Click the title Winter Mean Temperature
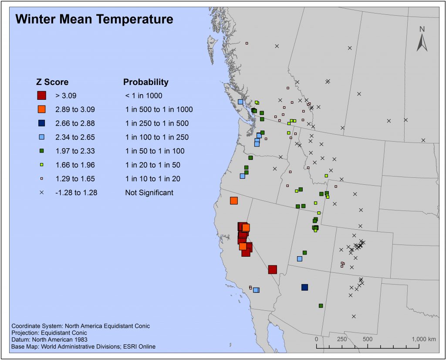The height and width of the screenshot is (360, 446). [94, 19]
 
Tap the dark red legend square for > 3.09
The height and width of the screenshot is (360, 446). [41, 95]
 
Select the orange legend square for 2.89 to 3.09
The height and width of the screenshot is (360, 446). [41, 109]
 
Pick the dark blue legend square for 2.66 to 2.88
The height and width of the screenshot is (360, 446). [41, 123]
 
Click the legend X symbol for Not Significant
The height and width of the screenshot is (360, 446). [41, 192]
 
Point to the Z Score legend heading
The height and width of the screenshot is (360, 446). [52, 82]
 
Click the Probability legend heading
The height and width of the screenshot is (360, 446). [145, 82]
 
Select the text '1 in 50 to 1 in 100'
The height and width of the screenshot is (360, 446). [155, 151]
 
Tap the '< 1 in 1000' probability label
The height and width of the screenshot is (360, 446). [144, 95]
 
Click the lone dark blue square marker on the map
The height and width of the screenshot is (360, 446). [304, 287]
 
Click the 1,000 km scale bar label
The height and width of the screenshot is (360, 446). [423, 339]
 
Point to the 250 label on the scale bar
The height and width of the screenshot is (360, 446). [342, 339]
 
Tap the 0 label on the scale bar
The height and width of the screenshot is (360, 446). [316, 339]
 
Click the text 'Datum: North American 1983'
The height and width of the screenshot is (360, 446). [50, 340]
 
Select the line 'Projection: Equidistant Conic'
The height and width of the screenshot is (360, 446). [49, 333]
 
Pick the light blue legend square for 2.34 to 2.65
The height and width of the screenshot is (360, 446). [41, 137]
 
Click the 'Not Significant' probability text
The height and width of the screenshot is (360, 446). [149, 193]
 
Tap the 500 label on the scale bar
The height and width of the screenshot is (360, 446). [368, 339]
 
